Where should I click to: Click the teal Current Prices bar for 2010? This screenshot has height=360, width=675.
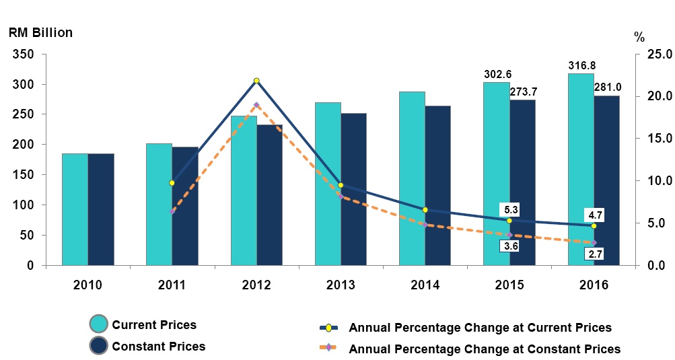[75, 209]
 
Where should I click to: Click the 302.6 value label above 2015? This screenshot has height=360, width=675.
[497, 74]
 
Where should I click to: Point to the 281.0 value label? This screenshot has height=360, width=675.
[607, 87]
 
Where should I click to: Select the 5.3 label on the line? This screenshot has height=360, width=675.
[509, 209]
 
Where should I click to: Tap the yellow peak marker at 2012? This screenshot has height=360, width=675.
[256, 81]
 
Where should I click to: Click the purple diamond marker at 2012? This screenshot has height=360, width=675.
[256, 106]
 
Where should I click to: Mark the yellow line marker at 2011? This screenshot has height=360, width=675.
[172, 183]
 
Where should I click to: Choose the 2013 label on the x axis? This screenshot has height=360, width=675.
[341, 285]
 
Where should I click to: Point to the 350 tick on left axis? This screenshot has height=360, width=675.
[24, 55]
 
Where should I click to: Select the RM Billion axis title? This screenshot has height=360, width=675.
[40, 32]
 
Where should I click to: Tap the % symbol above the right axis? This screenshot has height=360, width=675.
[639, 38]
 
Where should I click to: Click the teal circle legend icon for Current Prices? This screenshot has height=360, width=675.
[99, 324]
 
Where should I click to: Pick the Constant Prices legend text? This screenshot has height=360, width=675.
[159, 347]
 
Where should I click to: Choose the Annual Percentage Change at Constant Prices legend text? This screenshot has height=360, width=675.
[485, 349]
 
